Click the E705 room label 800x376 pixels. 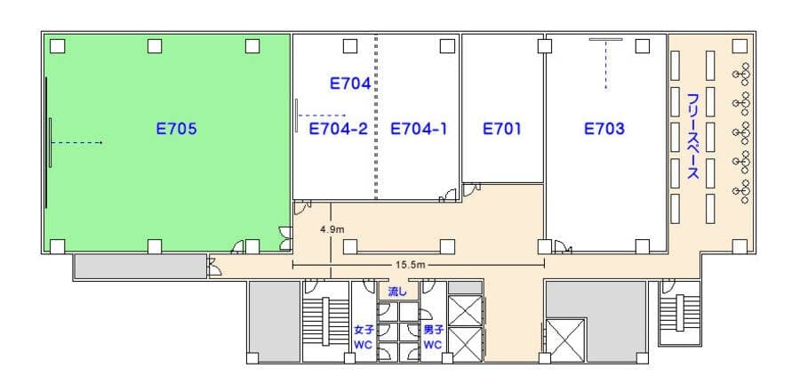pos(176,129)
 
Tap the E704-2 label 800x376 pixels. pos(339,129)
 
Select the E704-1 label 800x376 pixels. pos(419,129)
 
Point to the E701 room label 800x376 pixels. pos(502,129)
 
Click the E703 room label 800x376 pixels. pos(604,129)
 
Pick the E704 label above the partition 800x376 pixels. pos(350,84)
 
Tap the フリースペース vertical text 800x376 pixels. pos(692,136)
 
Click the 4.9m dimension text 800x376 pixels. pos(332,229)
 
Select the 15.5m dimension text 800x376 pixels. pos(410,265)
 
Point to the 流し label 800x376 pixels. pos(397,292)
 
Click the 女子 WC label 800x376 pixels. pos(364,337)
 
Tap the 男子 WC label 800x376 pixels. pos(433,337)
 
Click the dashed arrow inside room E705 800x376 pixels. pos(77,142)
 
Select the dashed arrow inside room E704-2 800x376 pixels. pos(323,116)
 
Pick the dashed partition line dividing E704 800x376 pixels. pos(377,116)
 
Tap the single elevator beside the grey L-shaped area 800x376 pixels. pos(564,340)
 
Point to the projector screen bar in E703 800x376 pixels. pos(605,39)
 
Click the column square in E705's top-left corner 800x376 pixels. pos(58,46)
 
